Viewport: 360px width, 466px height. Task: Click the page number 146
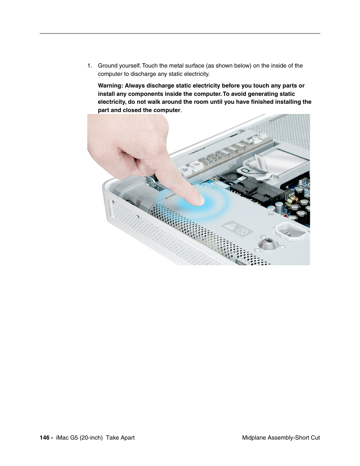coord(45,438)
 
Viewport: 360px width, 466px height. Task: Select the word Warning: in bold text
coord(111,86)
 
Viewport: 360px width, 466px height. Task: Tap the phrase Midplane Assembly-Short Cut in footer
coord(281,438)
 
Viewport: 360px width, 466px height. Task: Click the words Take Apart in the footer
coord(120,438)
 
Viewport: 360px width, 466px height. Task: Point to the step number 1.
coord(89,66)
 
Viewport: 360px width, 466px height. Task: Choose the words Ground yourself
coord(119,66)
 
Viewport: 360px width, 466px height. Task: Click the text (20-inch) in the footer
coord(91,438)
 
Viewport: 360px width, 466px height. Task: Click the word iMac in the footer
coord(62,438)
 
